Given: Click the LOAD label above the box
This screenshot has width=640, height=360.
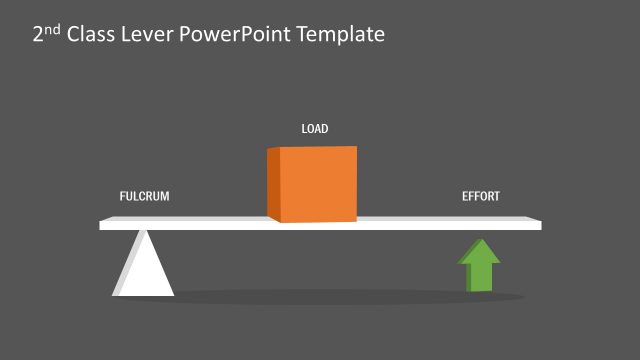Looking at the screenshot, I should (315, 129).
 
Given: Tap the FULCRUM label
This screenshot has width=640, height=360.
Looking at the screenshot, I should (145, 196).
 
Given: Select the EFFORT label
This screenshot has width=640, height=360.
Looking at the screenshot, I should (480, 196).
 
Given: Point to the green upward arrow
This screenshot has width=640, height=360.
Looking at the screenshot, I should (479, 264).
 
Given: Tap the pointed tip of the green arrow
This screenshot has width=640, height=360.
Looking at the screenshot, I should (480, 241).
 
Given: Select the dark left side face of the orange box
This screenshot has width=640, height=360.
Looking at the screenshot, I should (273, 183).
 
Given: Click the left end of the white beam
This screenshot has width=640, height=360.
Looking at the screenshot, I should (103, 224).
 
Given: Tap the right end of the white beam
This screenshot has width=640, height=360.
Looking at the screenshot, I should (537, 224).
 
